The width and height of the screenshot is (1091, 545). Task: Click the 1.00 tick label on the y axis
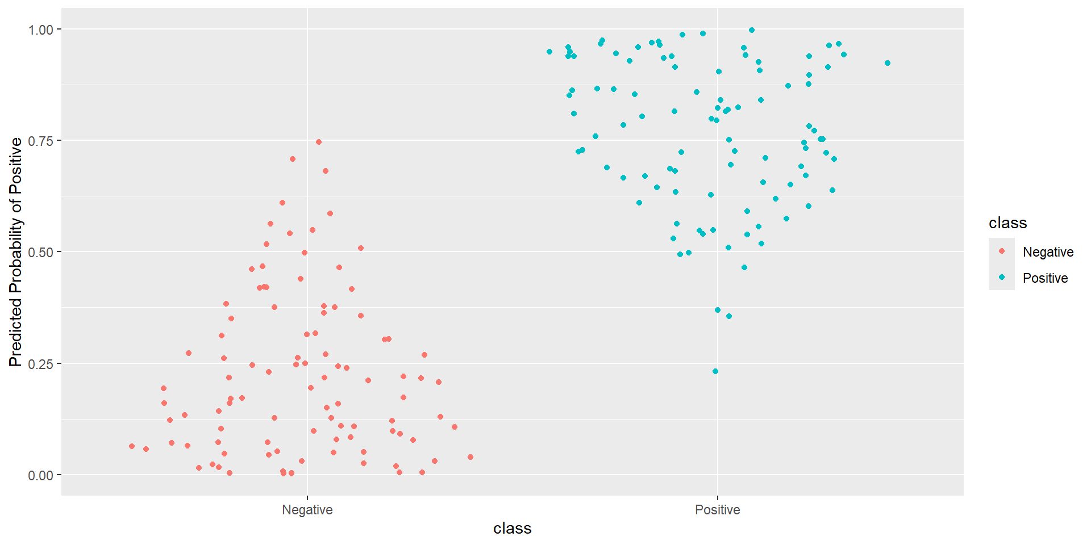pyautogui.click(x=40, y=30)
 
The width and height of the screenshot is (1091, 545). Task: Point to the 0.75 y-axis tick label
pyautogui.click(x=40, y=141)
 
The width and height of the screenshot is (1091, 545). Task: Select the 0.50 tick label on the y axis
pyautogui.click(x=40, y=252)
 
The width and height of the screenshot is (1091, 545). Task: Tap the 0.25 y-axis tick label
pyautogui.click(x=40, y=364)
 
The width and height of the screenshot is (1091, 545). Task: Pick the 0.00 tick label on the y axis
pyautogui.click(x=40, y=475)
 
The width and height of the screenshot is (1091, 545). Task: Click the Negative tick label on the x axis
pyautogui.click(x=307, y=510)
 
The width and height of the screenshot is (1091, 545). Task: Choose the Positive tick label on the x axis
pyautogui.click(x=717, y=510)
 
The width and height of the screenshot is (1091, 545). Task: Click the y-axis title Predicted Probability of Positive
pyautogui.click(x=15, y=252)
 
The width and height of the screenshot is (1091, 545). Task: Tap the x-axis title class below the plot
pyautogui.click(x=512, y=529)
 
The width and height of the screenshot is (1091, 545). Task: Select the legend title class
pyautogui.click(x=1007, y=223)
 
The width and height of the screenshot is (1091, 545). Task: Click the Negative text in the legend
pyautogui.click(x=1048, y=252)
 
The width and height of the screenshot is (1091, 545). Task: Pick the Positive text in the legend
pyautogui.click(x=1045, y=278)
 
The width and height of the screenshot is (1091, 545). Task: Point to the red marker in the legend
pyautogui.click(x=1002, y=251)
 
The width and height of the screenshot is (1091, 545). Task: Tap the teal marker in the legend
pyautogui.click(x=1002, y=277)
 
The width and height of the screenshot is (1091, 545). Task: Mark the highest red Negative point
pyautogui.click(x=319, y=142)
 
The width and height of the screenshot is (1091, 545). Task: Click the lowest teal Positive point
pyautogui.click(x=715, y=371)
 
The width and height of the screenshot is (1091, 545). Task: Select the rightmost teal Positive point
pyautogui.click(x=888, y=63)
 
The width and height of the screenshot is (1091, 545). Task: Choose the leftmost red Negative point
pyautogui.click(x=132, y=446)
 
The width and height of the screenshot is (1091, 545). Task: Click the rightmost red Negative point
pyautogui.click(x=470, y=457)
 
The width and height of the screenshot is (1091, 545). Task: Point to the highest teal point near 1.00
pyautogui.click(x=752, y=30)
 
